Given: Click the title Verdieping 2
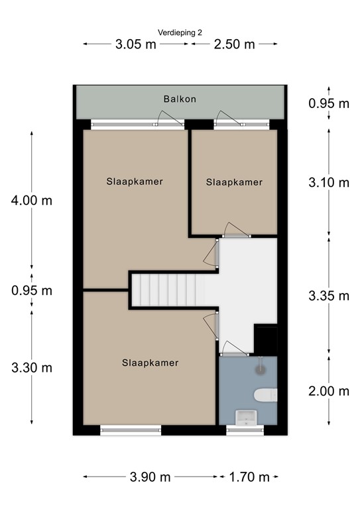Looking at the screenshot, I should pyautogui.click(x=180, y=32).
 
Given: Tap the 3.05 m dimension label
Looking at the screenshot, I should pyautogui.click(x=136, y=44).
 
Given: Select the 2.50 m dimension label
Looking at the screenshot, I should pyautogui.click(x=234, y=44).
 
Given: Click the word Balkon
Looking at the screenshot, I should pyautogui.click(x=180, y=99).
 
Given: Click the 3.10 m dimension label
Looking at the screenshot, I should pyautogui.click(x=330, y=183).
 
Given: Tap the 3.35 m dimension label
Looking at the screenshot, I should pyautogui.click(x=330, y=296).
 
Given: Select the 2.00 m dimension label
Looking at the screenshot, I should pyautogui.click(x=330, y=391).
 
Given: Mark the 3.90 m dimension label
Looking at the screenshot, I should pyautogui.click(x=150, y=477).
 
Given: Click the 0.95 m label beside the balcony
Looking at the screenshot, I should pyautogui.click(x=330, y=103).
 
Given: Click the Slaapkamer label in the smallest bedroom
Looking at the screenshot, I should pyautogui.click(x=234, y=182).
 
